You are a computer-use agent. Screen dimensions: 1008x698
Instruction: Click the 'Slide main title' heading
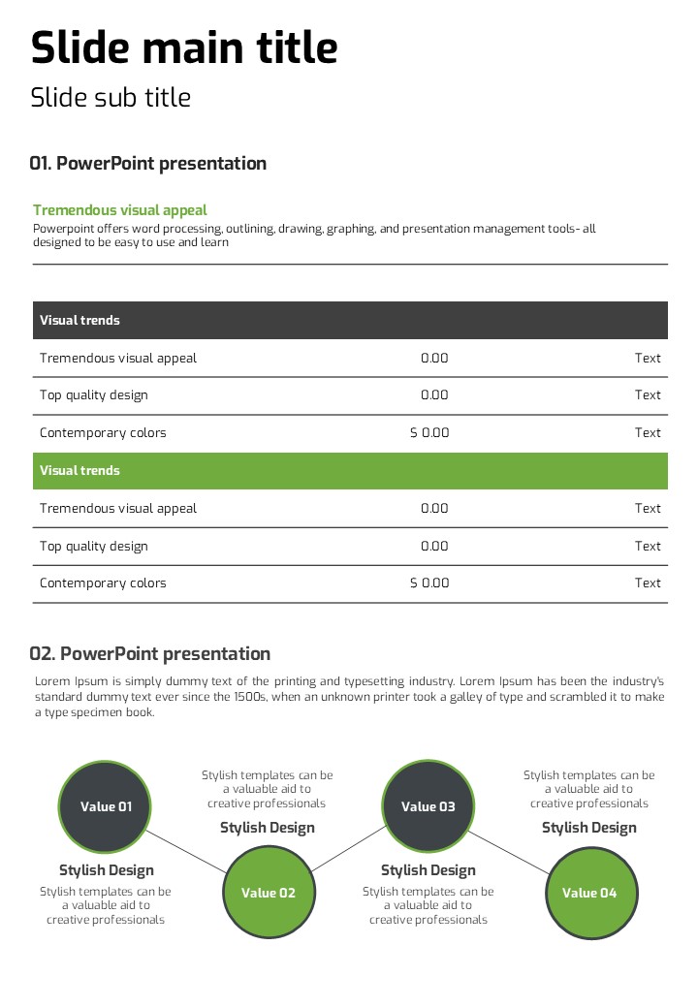[184, 47]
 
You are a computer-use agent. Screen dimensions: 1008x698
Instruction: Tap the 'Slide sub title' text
[111, 98]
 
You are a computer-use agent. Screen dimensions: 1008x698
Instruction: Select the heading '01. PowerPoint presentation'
[147, 163]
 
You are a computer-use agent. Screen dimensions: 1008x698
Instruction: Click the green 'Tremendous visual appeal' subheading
[120, 210]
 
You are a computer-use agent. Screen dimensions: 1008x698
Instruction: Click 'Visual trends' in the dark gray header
[79, 320]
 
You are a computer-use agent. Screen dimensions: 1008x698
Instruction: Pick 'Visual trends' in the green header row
[79, 470]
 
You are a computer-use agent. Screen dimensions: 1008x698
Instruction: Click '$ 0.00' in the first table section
[429, 432]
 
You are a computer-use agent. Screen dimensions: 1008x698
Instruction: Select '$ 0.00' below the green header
[429, 583]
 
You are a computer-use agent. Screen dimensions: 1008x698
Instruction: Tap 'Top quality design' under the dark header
[94, 394]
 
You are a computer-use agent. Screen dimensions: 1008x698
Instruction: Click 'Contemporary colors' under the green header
[103, 583]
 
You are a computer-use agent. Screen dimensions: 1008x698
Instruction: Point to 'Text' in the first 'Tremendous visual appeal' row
[648, 358]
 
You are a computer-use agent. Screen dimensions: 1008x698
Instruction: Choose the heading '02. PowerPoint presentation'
[150, 653]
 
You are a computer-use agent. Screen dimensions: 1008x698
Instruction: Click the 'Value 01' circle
[106, 806]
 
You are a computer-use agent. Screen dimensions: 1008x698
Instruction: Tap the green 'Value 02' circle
[269, 893]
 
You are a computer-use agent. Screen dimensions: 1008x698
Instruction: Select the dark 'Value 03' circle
[428, 806]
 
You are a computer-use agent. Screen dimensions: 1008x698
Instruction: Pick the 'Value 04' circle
[589, 893]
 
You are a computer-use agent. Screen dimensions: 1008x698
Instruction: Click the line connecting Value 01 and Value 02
[188, 850]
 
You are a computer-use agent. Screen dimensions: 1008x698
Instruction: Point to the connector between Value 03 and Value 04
[510, 850]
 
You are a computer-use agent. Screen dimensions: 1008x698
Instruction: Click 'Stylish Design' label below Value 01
[107, 870]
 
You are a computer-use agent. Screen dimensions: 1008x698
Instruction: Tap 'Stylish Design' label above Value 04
[589, 828]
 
